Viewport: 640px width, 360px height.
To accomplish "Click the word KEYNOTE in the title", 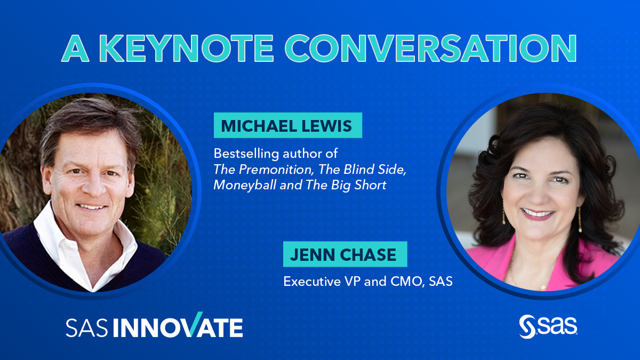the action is [x=186, y=48].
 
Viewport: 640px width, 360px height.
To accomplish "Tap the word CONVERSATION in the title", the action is [x=430, y=48].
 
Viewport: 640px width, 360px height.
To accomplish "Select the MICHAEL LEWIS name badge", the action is [x=287, y=125].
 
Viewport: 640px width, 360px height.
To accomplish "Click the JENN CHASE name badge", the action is [x=345, y=254].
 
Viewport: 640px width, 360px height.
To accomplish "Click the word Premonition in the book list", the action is [x=276, y=170].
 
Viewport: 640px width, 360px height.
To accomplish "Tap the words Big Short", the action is [x=358, y=186].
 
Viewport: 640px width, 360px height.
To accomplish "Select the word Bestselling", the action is [x=246, y=154].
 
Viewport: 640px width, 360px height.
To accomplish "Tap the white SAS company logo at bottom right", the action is [x=548, y=326].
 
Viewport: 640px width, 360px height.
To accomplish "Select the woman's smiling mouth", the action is [x=537, y=214].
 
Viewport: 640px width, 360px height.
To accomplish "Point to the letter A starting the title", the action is [x=75, y=48].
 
